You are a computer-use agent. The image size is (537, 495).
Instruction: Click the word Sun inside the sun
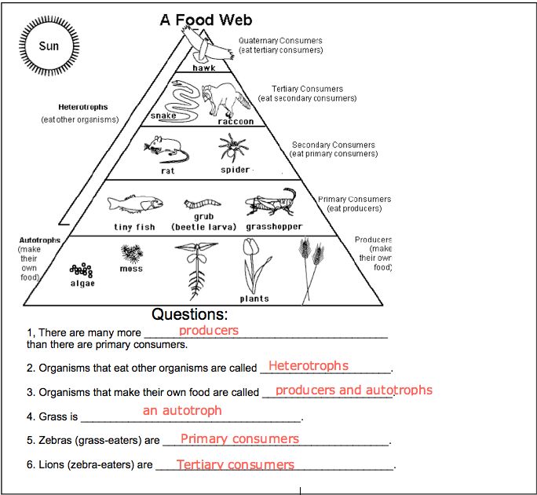pyautogui.click(x=49, y=46)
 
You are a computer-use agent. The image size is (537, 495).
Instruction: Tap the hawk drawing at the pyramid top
pyautogui.click(x=206, y=45)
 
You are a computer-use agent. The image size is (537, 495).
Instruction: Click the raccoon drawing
pyautogui.click(x=225, y=99)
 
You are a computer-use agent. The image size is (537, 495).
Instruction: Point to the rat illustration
pyautogui.click(x=166, y=148)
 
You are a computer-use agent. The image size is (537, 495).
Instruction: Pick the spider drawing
pyautogui.click(x=234, y=148)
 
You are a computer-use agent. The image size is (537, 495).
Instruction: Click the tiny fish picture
pyautogui.click(x=135, y=203)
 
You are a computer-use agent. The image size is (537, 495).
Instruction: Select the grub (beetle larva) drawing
pyautogui.click(x=203, y=203)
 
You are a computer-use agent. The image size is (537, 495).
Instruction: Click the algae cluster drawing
pyautogui.click(x=82, y=270)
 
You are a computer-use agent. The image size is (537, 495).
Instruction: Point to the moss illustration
pyautogui.click(x=132, y=254)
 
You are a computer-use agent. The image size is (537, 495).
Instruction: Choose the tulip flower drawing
pyautogui.click(x=255, y=266)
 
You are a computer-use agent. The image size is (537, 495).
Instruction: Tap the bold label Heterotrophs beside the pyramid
pyautogui.click(x=83, y=107)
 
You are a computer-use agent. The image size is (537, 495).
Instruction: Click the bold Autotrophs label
pyautogui.click(x=40, y=240)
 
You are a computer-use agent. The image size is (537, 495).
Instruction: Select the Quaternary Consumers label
pyautogui.click(x=280, y=40)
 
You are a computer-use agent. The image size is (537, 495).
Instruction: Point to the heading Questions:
pyautogui.click(x=190, y=314)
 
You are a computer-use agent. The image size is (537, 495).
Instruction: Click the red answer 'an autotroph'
pyautogui.click(x=182, y=410)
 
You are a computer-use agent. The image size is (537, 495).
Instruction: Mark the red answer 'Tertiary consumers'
pyautogui.click(x=236, y=464)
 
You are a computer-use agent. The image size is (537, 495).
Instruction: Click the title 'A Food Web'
pyautogui.click(x=206, y=20)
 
